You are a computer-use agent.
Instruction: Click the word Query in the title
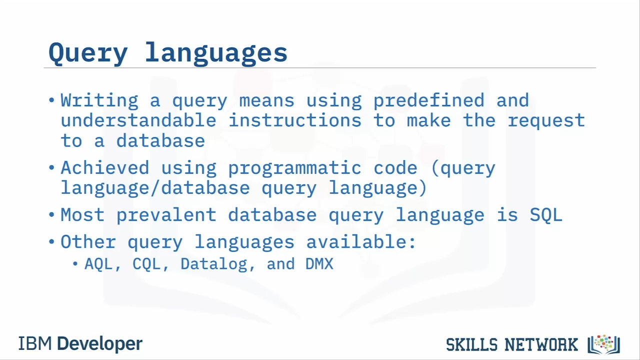coord(88,53)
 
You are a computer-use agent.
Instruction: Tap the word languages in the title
coord(216,53)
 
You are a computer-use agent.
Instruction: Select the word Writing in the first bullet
coord(99,101)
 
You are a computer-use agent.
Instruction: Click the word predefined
coord(428,101)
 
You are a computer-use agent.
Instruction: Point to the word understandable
coord(138,120)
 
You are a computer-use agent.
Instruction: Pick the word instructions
coord(295,120)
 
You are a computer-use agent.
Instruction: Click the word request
coord(546,121)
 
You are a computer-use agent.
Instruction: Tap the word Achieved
coord(105,167)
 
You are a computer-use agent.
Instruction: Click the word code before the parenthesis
coord(395,167)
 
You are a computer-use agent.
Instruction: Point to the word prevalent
coord(166,215)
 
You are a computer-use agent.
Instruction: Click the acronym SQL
coord(546,215)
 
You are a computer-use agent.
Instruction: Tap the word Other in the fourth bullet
coord(88,241)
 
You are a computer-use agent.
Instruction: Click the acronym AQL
coord(99,264)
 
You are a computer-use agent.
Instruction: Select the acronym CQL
coord(147,264)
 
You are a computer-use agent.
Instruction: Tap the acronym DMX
coord(319,264)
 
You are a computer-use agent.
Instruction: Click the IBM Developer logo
coord(80,343)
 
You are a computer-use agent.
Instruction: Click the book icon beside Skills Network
coord(603,344)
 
